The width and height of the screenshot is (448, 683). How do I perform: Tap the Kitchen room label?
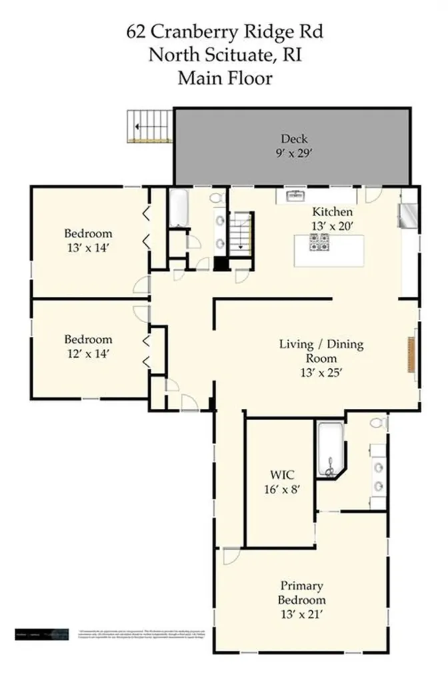[328, 212]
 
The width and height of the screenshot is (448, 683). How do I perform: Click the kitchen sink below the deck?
[295, 195]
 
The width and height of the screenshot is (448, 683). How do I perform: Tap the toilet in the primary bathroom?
[378, 424]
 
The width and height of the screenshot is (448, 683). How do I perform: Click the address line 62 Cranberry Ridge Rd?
[224, 31]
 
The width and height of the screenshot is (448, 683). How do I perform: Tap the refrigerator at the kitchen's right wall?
[406, 215]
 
